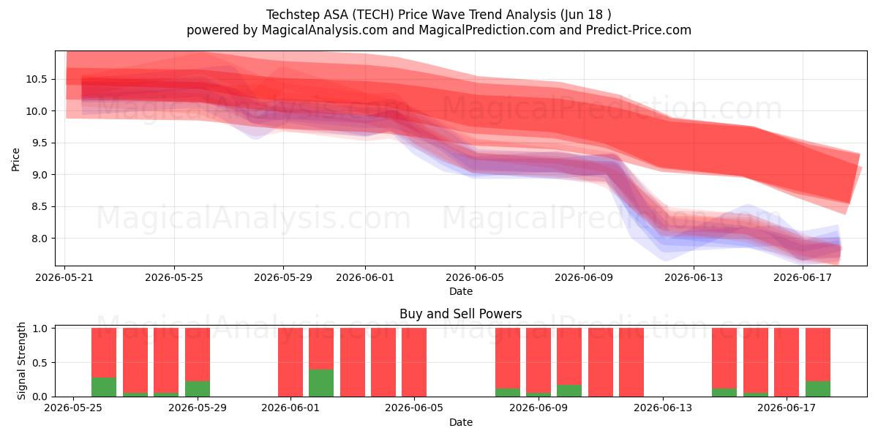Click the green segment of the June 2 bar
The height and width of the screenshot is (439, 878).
click(x=321, y=383)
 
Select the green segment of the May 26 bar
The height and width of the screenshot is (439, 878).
click(x=104, y=387)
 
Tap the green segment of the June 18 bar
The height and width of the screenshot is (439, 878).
click(x=818, y=389)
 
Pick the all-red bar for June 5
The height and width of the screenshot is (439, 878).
click(x=414, y=362)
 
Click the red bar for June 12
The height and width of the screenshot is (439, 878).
click(x=631, y=362)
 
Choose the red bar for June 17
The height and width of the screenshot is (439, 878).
click(x=787, y=362)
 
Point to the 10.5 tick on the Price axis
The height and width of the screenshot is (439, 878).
click(x=36, y=80)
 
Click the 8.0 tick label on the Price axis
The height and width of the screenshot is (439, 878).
click(x=40, y=239)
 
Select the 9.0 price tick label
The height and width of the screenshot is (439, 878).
click(x=40, y=175)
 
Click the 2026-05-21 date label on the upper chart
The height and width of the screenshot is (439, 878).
click(x=64, y=277)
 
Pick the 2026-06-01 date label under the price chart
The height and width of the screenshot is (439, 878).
click(x=365, y=277)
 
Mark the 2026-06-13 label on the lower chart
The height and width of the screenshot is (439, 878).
click(x=663, y=408)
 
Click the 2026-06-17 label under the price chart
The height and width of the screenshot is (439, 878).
click(x=803, y=277)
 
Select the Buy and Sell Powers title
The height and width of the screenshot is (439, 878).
click(x=460, y=314)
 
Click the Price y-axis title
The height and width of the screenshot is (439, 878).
click(x=15, y=160)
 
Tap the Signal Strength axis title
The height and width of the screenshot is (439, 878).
click(x=21, y=361)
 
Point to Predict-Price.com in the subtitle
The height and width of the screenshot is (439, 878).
click(x=639, y=30)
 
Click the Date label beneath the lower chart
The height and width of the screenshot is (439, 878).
click(x=460, y=422)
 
